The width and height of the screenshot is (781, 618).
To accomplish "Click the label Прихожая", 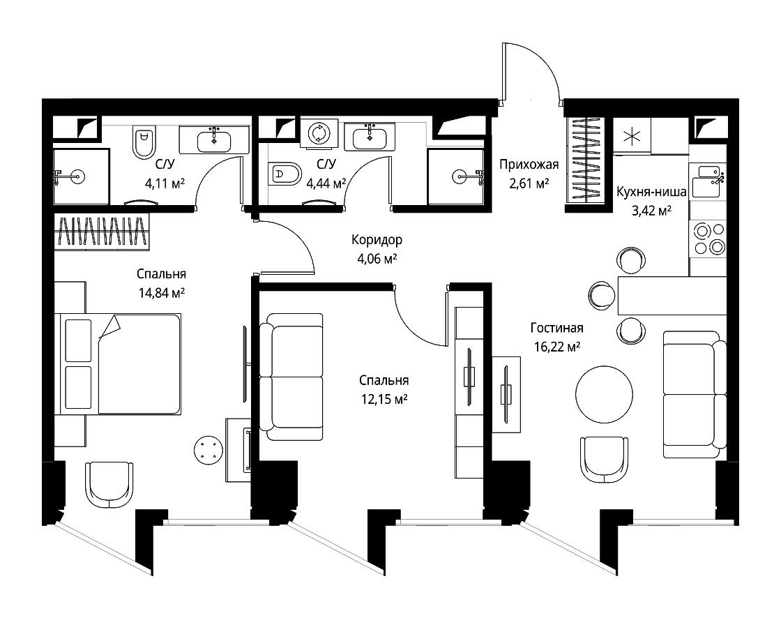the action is tap(529, 165).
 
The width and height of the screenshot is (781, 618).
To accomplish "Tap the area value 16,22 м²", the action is tap(557, 347).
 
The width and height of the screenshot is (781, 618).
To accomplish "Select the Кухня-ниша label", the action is tap(651, 192).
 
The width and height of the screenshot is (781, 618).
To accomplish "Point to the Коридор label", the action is tap(377, 240).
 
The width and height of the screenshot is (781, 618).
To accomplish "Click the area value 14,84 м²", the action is tap(161, 292).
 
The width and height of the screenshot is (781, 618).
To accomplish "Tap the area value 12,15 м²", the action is tap(384, 399).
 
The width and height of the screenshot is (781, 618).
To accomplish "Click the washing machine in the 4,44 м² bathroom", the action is tap(319, 133).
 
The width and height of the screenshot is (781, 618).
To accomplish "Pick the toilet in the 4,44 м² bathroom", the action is tap(285, 174).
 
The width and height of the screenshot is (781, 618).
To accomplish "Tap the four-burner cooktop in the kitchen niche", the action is tap(707, 239).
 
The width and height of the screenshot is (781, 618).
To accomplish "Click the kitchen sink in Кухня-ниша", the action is tap(707, 181).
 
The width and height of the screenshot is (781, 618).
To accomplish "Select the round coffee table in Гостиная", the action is tap(604, 393).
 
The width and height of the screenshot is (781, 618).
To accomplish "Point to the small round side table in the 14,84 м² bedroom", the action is tap(207, 450).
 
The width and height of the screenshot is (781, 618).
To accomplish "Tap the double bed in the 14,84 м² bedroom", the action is tap(119, 364).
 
